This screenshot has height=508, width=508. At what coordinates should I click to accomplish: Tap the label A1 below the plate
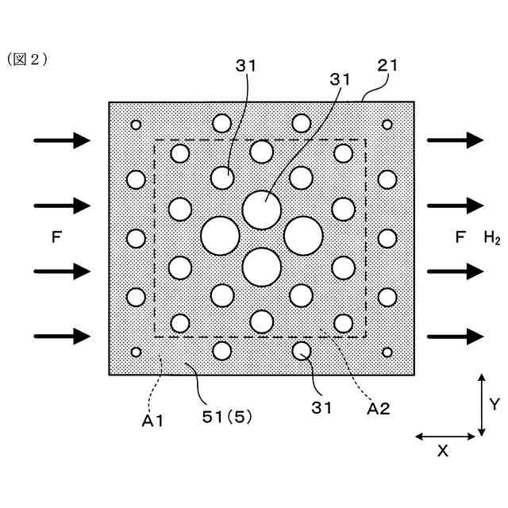click(x=152, y=421)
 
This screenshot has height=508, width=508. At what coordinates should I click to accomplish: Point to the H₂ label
click(x=491, y=237)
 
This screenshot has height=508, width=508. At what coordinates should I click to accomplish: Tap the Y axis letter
click(x=494, y=405)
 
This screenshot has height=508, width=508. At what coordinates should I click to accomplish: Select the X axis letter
click(x=443, y=451)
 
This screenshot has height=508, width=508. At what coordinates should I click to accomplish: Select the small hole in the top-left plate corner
click(x=136, y=125)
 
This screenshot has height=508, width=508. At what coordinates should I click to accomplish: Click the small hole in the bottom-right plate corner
click(x=387, y=352)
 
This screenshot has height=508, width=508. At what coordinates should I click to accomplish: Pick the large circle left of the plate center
click(x=220, y=235)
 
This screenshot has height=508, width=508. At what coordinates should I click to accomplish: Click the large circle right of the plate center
click(x=303, y=235)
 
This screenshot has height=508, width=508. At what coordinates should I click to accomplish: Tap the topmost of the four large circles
click(x=262, y=210)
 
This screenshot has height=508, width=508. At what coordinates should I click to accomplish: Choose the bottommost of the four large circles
click(x=262, y=267)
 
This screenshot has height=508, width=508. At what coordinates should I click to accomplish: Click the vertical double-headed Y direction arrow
click(x=481, y=405)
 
